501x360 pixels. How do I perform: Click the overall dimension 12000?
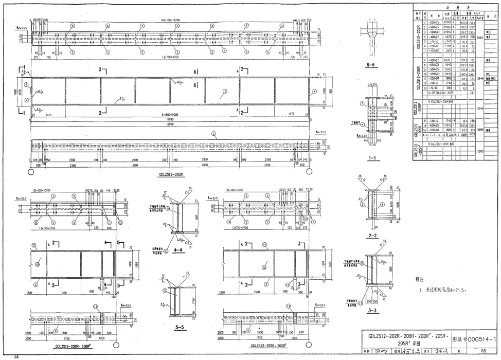pos(170,123)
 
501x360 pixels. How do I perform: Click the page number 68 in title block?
pos(482,351)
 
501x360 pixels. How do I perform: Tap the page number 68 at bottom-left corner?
pos(16,356)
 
